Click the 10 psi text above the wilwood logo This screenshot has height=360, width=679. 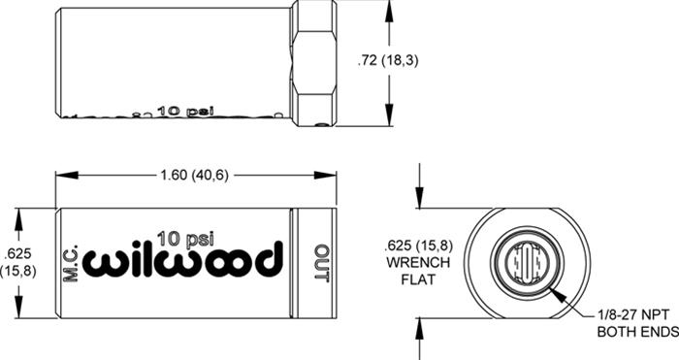[184, 235]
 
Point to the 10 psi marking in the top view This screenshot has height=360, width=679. [179, 111]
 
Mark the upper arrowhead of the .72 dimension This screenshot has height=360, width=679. [391, 8]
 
